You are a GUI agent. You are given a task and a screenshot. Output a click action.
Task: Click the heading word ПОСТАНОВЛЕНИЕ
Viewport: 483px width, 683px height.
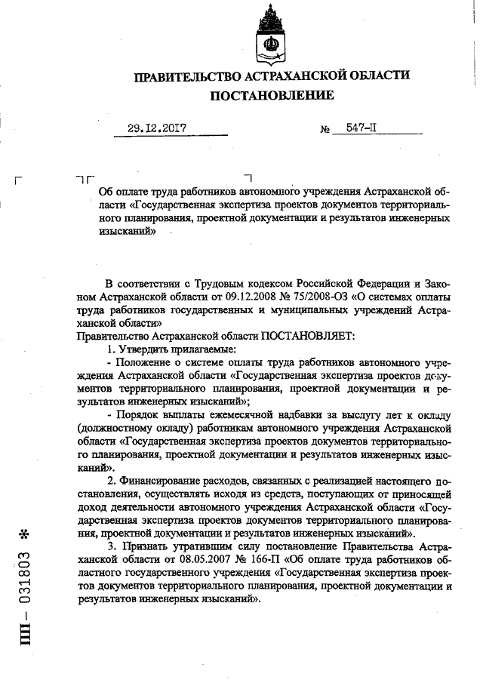271,96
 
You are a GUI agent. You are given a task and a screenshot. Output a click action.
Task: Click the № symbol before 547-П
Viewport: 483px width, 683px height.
326,130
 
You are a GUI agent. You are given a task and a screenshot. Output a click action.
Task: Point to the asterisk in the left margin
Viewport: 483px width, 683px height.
25,535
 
